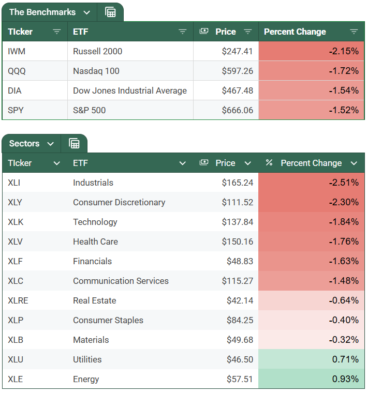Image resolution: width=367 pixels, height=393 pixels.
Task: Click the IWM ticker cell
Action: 18,51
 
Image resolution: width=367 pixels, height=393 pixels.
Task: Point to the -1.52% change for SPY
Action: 343,110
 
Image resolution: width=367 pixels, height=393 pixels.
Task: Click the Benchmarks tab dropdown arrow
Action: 86,12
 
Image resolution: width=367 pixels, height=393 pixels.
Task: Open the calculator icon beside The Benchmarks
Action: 110,12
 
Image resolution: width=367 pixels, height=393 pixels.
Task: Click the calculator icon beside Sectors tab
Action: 74,144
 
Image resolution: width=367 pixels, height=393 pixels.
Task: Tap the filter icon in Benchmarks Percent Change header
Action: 354,32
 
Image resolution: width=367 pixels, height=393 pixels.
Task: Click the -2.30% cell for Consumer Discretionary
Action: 343,202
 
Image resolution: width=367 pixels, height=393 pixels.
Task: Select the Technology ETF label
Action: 95,222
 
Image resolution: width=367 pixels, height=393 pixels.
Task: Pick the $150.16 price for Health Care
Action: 238,241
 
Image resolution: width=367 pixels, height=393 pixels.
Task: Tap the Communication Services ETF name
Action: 121,281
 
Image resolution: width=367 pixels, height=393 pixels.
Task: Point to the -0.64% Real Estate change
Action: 343,300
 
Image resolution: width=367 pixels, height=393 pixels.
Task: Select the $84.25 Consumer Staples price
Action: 240,320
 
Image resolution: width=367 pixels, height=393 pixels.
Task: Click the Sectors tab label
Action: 24,144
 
